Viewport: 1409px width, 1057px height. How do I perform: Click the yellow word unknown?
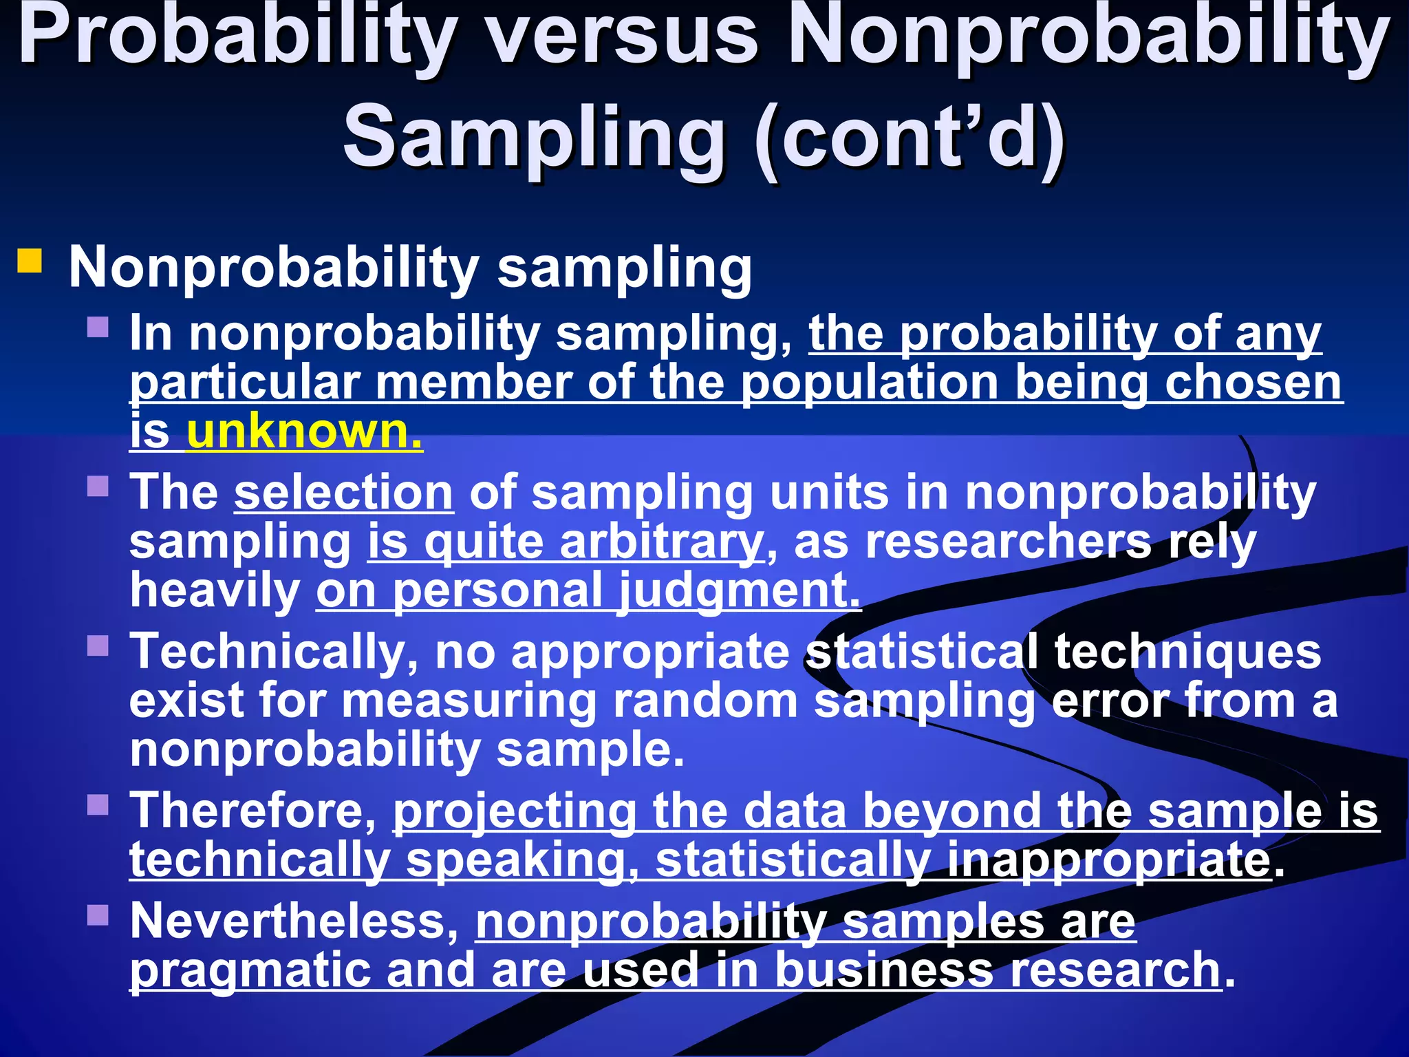[x=304, y=432]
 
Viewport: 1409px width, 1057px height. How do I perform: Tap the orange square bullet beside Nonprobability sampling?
[x=30, y=261]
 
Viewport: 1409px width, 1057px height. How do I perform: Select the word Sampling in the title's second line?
[x=534, y=136]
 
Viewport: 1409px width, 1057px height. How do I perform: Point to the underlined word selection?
[x=343, y=493]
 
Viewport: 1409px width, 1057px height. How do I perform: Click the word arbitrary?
[x=661, y=542]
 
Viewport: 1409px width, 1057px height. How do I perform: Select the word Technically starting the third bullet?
[x=274, y=651]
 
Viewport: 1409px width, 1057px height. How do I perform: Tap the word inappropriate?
[x=1108, y=860]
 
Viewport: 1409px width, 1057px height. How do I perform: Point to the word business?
[x=884, y=970]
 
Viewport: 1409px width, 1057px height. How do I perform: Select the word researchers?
[x=1007, y=542]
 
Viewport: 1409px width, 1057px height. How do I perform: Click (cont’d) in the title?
[x=910, y=136]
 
